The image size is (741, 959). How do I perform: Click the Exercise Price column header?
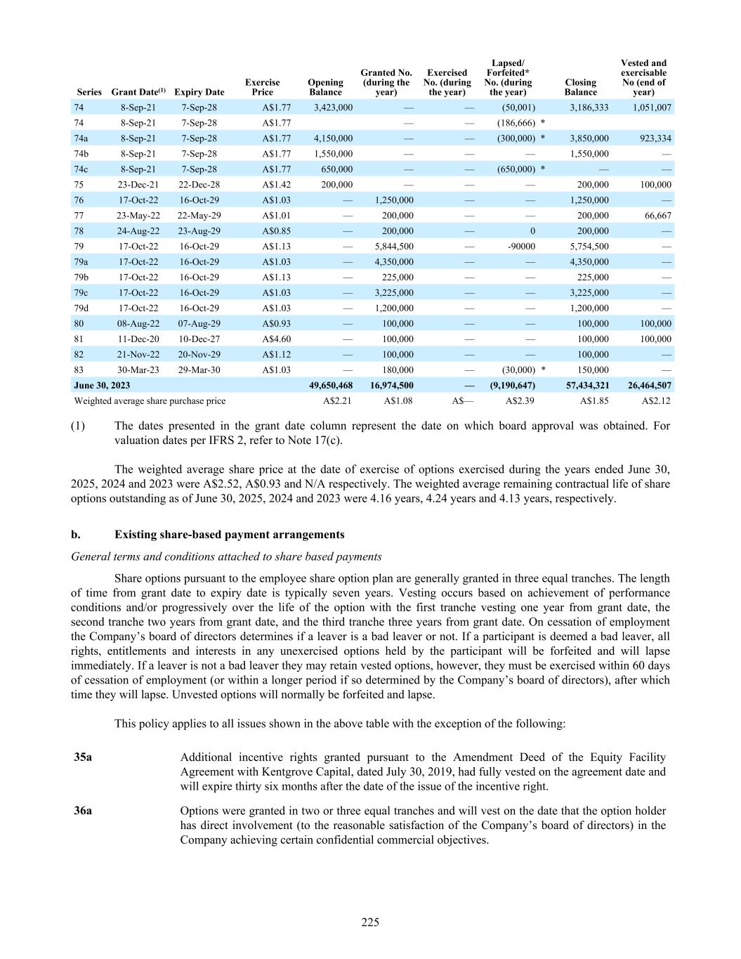(262, 87)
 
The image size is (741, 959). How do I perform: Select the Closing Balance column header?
(580, 87)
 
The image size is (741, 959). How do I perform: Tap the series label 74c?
(81, 169)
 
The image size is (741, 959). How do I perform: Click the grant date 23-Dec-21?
(138, 185)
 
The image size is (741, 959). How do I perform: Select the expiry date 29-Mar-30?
(199, 370)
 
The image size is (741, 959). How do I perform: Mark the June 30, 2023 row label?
(102, 386)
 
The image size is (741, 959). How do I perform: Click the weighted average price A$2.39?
(520, 401)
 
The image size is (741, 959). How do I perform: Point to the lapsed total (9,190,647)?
(512, 386)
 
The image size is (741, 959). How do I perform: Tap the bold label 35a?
(83, 757)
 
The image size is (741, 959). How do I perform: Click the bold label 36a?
(83, 811)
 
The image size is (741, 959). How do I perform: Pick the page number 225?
(370, 922)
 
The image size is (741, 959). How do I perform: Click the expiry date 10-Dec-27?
(199, 339)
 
